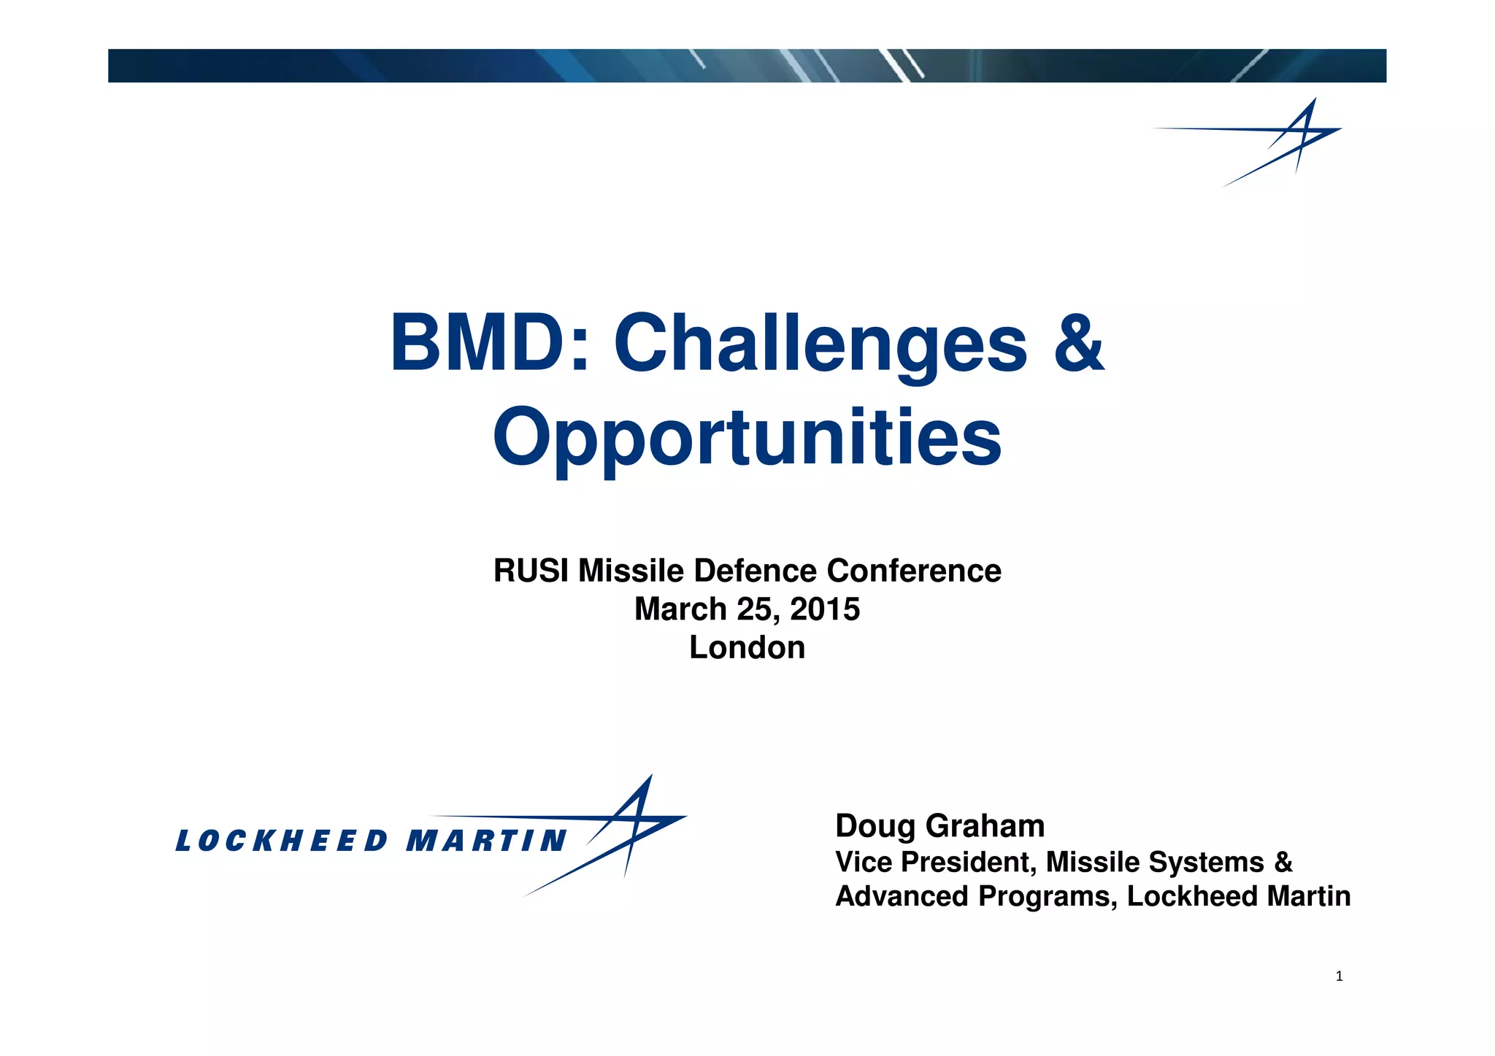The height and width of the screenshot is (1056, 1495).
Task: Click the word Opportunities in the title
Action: [747, 438]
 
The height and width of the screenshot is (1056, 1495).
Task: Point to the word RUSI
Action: [531, 571]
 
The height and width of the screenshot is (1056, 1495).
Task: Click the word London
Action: [747, 648]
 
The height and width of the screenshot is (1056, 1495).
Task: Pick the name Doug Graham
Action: [939, 826]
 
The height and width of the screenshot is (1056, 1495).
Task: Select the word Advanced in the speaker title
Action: [902, 897]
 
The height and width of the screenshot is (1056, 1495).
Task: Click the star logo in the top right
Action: [1288, 139]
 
